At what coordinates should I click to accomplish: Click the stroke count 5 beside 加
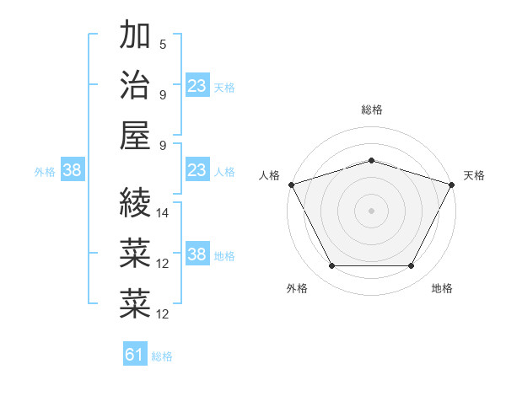tap(163, 45)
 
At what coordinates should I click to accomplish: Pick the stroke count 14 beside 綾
tap(163, 214)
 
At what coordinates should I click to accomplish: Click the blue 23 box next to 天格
tap(196, 85)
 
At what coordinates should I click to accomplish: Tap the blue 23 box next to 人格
tap(196, 170)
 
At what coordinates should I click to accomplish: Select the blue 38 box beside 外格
tap(72, 170)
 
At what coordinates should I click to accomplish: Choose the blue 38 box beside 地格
tap(196, 254)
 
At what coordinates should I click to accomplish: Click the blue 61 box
tap(135, 355)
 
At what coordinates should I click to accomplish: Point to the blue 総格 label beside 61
tap(162, 356)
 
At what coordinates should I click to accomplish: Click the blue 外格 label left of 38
tap(45, 171)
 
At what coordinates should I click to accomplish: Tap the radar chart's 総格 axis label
tap(372, 110)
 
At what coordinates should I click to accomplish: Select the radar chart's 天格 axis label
tap(475, 175)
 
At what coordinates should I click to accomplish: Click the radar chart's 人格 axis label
tap(270, 175)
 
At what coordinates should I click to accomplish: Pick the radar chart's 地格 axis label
tap(442, 288)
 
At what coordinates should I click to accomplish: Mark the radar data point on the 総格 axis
tap(372, 160)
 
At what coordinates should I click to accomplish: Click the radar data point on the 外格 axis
tap(331, 266)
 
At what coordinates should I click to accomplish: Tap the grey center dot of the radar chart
tap(372, 210)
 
